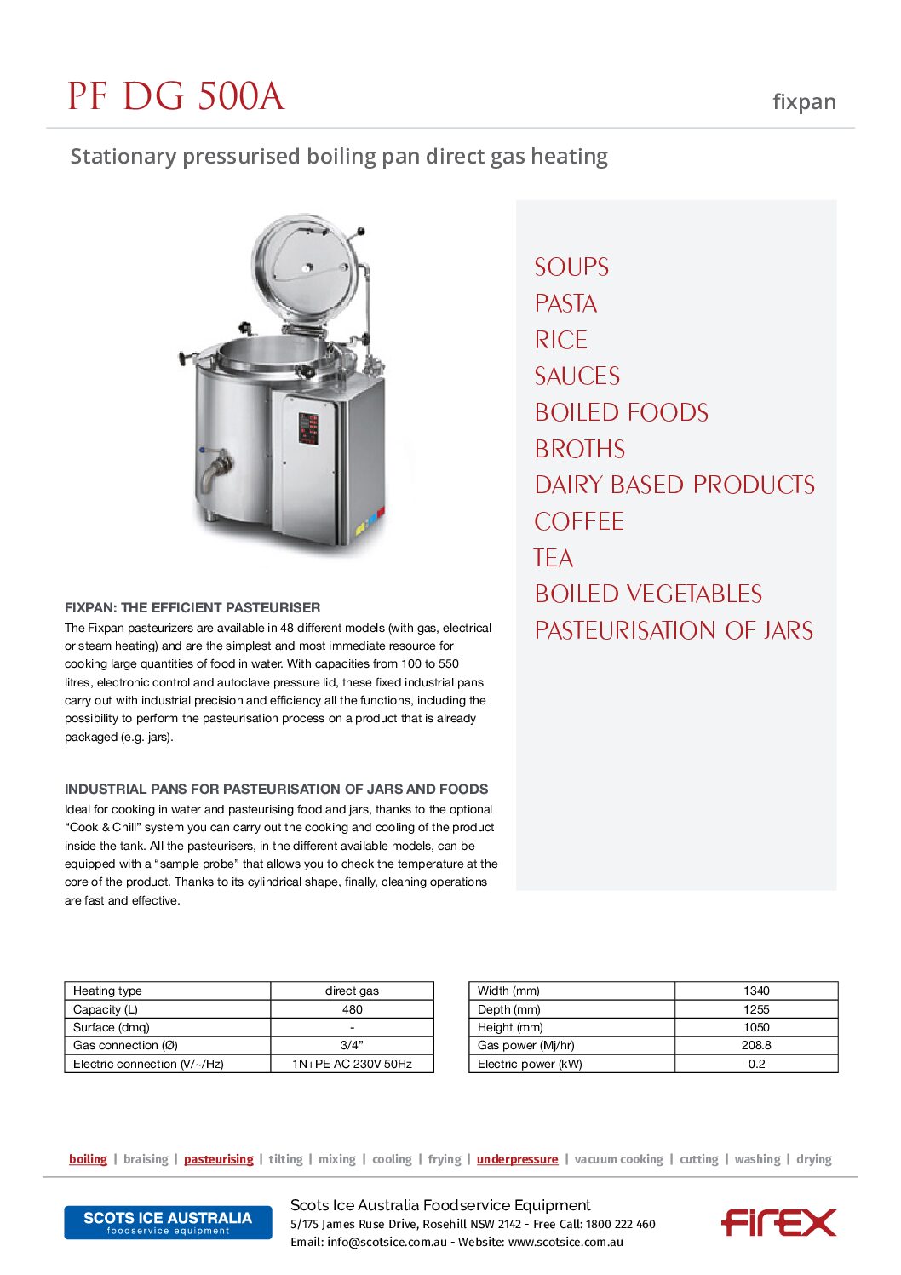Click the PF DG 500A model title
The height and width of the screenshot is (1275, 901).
click(175, 96)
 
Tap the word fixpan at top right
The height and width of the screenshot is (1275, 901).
click(803, 102)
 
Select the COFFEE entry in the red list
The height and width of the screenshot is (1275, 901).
click(578, 521)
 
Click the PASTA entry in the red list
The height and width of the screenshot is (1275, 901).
click(565, 304)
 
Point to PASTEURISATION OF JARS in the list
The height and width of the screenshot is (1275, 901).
click(673, 630)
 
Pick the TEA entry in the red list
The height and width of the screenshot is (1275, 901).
click(553, 558)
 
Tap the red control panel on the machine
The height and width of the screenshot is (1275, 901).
click(308, 428)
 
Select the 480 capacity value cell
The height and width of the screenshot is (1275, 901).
click(352, 1009)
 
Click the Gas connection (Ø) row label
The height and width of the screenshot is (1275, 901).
click(125, 1045)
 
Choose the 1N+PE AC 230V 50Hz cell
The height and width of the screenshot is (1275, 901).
click(352, 1064)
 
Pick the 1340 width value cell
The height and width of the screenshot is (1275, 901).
click(756, 991)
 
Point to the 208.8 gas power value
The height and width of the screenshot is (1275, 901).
click(756, 1045)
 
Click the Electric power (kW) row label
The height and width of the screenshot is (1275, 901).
click(530, 1064)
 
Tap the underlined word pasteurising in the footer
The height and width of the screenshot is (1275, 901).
click(218, 1159)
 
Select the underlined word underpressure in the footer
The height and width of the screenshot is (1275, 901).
click(517, 1159)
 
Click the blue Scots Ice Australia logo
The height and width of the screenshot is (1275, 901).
click(168, 1222)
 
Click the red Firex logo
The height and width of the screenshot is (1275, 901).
click(778, 1222)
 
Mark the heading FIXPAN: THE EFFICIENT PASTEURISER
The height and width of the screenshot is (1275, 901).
click(192, 607)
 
